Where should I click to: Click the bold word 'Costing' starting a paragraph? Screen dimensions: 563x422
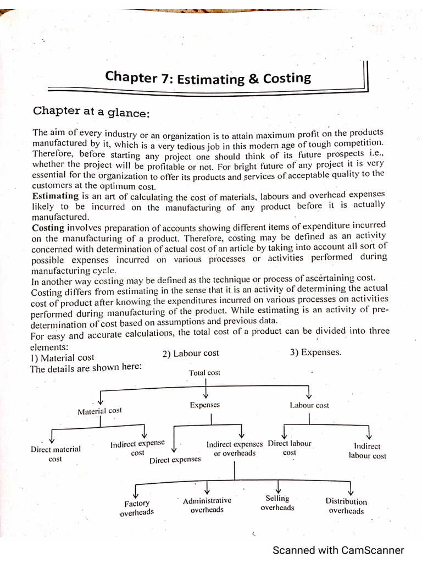(x=48, y=227)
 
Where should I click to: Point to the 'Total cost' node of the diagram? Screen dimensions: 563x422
(x=204, y=373)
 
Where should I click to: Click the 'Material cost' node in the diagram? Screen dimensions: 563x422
(x=99, y=411)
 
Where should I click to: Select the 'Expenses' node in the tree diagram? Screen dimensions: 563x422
(x=204, y=405)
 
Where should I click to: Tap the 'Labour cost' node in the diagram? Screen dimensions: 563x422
(x=309, y=405)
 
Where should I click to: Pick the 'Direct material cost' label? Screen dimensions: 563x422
(x=55, y=454)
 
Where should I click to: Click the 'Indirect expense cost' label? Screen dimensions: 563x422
(x=137, y=448)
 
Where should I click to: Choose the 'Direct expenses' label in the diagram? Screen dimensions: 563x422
(x=175, y=460)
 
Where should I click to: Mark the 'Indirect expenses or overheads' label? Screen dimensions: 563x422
(x=235, y=449)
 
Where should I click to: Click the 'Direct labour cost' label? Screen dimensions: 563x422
(x=290, y=448)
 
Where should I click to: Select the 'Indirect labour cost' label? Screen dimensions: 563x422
(x=367, y=451)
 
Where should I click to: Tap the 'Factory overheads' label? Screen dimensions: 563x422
(x=137, y=507)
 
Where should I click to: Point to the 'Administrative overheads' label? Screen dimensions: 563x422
(x=207, y=505)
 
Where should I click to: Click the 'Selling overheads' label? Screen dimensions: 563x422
(x=277, y=503)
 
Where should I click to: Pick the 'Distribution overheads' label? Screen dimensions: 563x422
(x=346, y=506)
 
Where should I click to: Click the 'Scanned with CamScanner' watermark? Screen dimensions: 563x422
(x=338, y=550)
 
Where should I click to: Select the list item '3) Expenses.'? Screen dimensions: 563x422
(x=315, y=352)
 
